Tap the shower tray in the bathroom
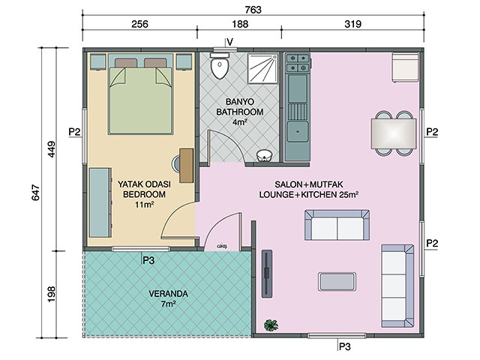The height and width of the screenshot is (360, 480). pos(262,68)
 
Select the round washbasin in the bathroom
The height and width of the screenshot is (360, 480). pos(264,155)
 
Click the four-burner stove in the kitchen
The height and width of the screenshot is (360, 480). pos(298,63)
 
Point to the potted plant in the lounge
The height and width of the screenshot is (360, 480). pos(271,325)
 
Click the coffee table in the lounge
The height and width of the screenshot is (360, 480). pos(337,281)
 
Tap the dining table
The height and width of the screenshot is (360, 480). pos(393,133)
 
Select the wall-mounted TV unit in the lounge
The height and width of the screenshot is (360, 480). pos(267,273)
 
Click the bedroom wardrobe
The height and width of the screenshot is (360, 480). pos(100,202)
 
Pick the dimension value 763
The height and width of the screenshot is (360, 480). pos(253,10)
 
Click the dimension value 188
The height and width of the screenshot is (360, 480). pos(240,24)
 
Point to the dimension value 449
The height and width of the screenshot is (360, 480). pos(52,149)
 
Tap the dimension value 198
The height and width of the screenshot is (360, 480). pos(52,294)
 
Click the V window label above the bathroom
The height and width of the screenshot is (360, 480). pos(230,42)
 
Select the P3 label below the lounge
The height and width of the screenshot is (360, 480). pos(345,346)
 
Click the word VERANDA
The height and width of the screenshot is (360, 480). pos(168,294)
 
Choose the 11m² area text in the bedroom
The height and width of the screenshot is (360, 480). pos(144,204)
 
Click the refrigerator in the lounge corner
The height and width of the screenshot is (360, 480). pos(405,67)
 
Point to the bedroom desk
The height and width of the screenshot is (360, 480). pos(187,166)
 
